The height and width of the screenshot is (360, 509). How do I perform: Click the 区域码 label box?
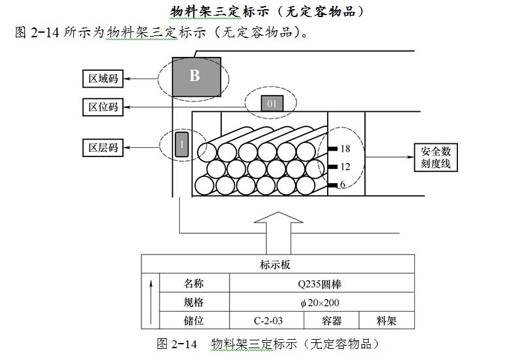click(103, 79)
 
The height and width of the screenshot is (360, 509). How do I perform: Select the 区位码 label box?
click(103, 107)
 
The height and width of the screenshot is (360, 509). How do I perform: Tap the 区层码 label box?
click(103, 147)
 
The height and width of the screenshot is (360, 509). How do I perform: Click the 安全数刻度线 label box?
click(436, 158)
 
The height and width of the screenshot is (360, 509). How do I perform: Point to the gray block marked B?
click(194, 76)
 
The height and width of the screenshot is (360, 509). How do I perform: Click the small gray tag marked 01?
click(272, 103)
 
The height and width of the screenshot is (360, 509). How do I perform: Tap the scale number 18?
click(345, 149)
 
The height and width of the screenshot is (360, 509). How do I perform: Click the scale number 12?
click(345, 167)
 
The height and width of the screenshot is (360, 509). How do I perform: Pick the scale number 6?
click(342, 185)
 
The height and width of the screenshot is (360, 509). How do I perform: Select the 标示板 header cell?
click(279, 264)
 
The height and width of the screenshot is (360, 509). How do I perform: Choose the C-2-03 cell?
click(266, 321)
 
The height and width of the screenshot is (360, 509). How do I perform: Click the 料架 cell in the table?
click(386, 321)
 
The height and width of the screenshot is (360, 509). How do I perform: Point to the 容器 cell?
click(332, 321)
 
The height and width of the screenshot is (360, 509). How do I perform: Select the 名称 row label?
click(194, 284)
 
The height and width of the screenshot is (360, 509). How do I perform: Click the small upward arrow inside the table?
click(151, 301)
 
